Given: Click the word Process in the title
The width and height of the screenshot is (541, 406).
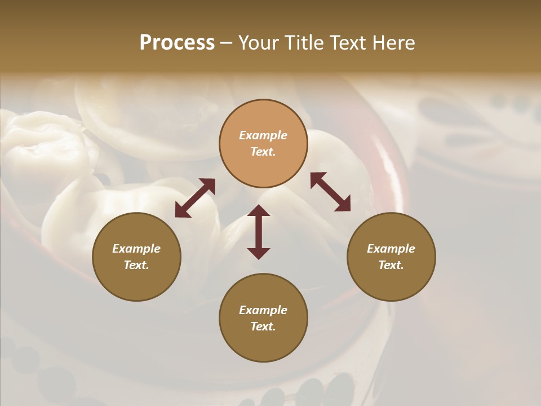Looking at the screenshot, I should [x=177, y=43].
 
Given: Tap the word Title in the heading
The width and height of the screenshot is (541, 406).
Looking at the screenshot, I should [x=304, y=43].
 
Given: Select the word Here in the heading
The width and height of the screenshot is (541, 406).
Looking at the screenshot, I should [x=393, y=43].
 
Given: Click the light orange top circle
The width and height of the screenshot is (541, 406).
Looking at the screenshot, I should [x=263, y=143].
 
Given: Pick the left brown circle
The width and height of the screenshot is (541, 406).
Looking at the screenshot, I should [x=136, y=257].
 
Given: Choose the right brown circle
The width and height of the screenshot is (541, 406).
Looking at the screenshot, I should [x=391, y=257].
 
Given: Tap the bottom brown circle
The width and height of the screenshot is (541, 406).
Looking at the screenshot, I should [x=263, y=318].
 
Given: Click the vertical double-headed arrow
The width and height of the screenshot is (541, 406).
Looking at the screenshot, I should [x=259, y=232].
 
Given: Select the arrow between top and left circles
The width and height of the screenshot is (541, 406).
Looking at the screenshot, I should [x=195, y=198].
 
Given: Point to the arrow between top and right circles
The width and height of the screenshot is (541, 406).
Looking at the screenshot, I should [x=330, y=192].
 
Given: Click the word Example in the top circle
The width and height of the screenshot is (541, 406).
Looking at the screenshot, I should [x=263, y=135].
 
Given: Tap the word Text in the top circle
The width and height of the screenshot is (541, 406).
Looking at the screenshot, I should [x=263, y=152].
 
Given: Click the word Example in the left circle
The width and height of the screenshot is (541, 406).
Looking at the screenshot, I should [x=136, y=249].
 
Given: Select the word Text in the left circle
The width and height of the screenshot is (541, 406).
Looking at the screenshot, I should [x=136, y=265].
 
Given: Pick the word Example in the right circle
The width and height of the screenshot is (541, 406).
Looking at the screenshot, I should [x=391, y=249].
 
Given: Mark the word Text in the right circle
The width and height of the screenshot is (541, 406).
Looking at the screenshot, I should [x=391, y=265].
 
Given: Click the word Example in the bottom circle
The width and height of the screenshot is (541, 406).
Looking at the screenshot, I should [x=263, y=310].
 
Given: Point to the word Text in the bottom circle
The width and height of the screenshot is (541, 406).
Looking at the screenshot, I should [x=263, y=326].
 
